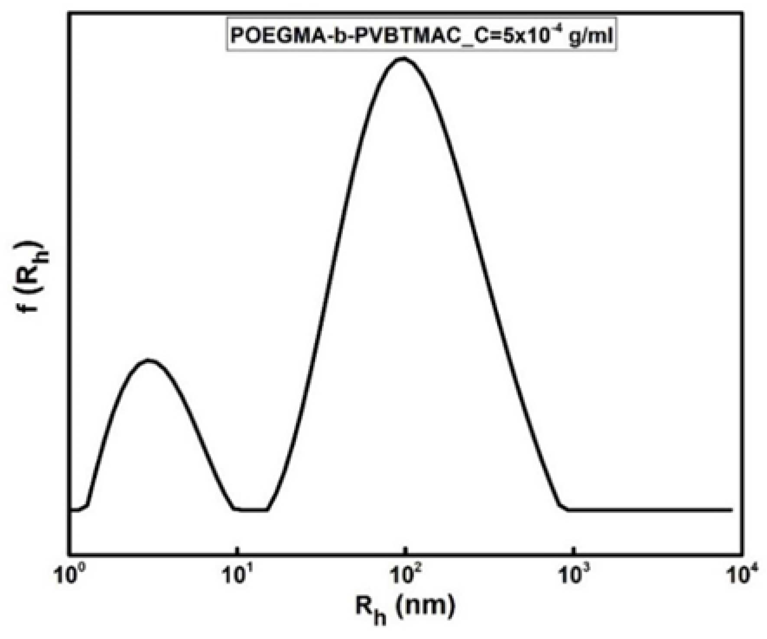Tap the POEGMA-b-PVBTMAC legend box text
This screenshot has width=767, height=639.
point(421,35)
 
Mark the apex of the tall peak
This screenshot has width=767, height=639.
point(403,58)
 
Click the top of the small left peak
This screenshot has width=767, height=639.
point(149,360)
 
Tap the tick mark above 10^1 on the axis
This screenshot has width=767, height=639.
point(237,551)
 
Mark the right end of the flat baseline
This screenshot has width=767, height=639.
point(731,509)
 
